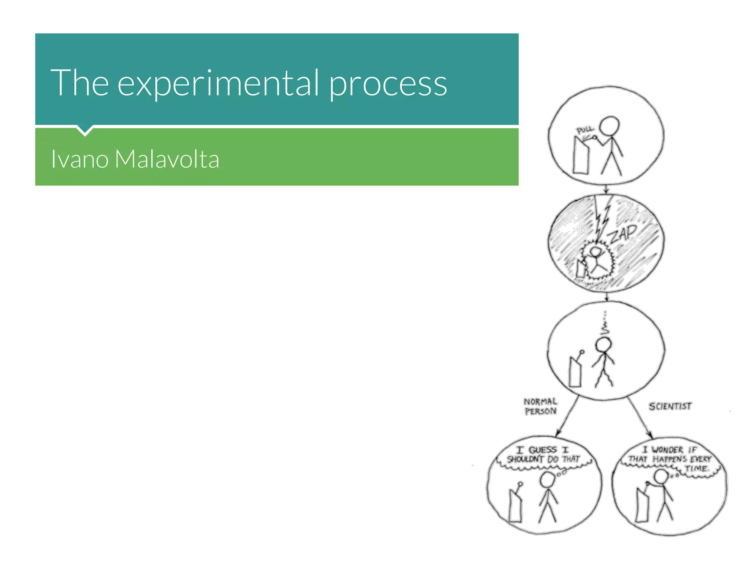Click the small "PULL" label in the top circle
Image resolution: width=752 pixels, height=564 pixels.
584,130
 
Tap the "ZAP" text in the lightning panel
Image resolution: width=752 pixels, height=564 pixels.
622,234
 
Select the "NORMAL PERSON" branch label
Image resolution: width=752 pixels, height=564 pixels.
540,406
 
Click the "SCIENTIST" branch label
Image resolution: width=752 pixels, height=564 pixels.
670,406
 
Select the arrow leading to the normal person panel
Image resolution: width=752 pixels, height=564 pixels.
567,416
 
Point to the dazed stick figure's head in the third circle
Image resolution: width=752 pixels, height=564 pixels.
603,345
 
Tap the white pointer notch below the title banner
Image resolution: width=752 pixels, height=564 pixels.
85,130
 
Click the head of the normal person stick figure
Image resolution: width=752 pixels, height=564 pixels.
547,480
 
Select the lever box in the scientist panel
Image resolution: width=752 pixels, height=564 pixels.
642,505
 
